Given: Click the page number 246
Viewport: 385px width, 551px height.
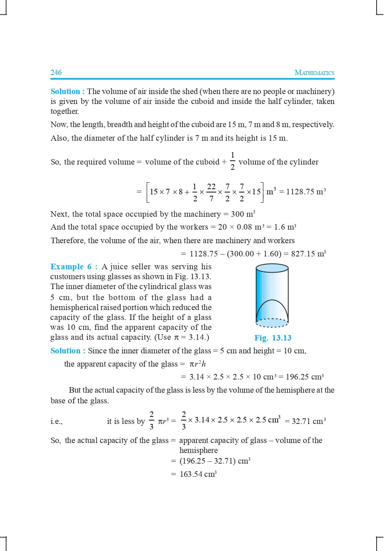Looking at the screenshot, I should click(x=56, y=72).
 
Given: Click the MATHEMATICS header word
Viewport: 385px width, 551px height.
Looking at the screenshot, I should click(x=314, y=73).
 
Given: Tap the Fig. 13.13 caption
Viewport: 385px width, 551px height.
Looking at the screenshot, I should click(x=273, y=338).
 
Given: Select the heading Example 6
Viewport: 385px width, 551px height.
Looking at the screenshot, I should click(x=72, y=267).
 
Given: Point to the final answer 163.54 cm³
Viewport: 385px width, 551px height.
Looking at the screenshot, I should click(x=198, y=474).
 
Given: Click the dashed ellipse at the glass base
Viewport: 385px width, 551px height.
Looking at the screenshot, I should click(x=272, y=323).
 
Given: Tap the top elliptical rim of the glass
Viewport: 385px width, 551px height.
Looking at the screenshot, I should click(x=272, y=268).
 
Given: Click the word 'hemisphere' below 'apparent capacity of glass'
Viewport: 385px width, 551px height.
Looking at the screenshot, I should click(x=198, y=450).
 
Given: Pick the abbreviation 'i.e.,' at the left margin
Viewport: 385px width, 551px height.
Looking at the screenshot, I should click(x=56, y=421).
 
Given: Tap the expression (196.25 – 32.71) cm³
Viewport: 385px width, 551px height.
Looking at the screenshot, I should click(x=214, y=461).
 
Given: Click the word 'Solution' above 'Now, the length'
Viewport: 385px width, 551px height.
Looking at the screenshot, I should click(x=65, y=91).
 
